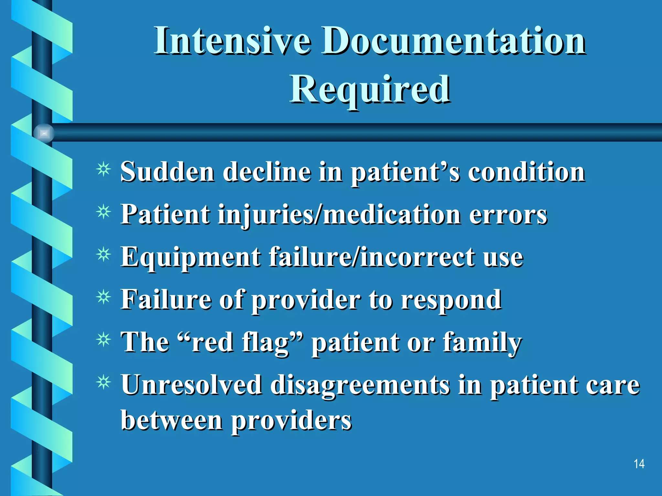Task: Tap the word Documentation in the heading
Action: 453,41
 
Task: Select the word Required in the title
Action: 370,88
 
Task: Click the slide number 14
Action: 639,464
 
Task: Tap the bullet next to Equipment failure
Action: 103,255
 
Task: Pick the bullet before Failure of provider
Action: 103,297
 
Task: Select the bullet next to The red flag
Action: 103,340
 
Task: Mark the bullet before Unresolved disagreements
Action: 103,383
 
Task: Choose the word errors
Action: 508,214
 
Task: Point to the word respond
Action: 451,300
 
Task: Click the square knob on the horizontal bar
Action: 44,133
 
